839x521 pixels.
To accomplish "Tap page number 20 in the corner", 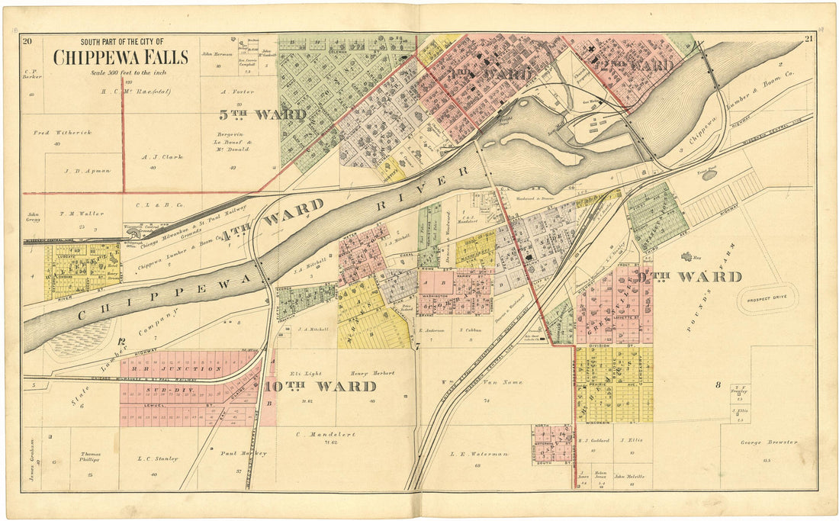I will tap(27, 40).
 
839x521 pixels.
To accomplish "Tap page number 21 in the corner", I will tap(808, 40).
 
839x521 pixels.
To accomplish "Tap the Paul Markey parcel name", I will tap(243, 453).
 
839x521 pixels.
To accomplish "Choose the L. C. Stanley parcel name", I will tap(157, 458).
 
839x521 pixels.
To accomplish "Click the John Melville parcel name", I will tap(630, 477).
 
